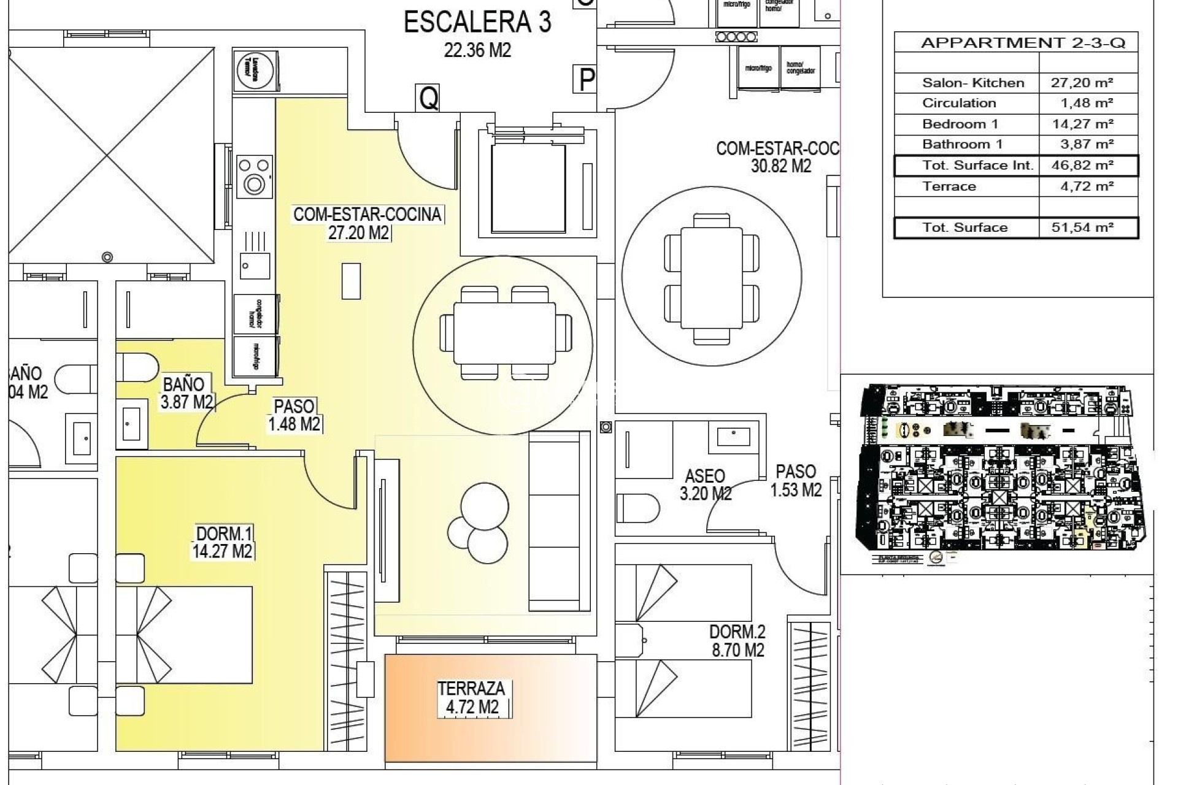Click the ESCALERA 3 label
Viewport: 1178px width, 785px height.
[477, 23]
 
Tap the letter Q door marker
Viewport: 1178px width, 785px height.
[429, 98]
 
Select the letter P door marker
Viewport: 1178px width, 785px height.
[587, 79]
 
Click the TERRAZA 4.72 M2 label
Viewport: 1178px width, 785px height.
[472, 698]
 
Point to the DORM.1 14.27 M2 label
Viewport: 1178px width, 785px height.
[223, 542]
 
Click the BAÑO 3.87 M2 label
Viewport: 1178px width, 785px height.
[185, 392]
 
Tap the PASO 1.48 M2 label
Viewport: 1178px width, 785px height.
[294, 415]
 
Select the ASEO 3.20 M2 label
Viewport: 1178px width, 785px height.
[705, 484]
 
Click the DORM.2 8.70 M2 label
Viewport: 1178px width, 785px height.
[737, 640]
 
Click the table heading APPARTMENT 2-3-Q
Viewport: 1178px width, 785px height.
[1023, 43]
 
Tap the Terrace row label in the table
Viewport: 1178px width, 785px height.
[949, 186]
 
